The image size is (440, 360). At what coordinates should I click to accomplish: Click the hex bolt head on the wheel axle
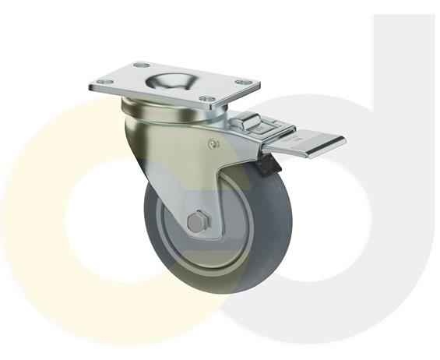[x=196, y=223]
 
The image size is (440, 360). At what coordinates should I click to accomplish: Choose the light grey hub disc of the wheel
[x=178, y=234]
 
